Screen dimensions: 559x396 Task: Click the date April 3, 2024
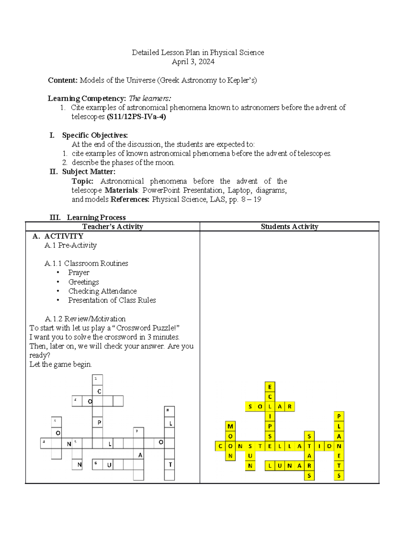tap(193, 62)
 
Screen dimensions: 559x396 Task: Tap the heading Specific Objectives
tap(95, 135)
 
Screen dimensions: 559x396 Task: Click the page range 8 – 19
tap(251, 199)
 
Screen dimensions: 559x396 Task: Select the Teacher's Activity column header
tap(113, 226)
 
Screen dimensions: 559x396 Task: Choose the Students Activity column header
tap(289, 226)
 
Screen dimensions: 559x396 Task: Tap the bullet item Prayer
tap(79, 273)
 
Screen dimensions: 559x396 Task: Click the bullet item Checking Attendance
tap(102, 291)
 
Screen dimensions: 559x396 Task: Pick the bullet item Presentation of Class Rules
tap(112, 300)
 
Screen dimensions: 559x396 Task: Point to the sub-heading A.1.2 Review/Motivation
tap(85, 319)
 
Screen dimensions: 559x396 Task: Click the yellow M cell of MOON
tap(230, 426)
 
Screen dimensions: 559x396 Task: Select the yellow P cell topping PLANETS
tap(339, 416)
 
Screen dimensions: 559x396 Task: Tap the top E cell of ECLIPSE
tap(270, 387)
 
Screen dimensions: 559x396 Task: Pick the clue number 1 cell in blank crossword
tap(97, 380)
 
